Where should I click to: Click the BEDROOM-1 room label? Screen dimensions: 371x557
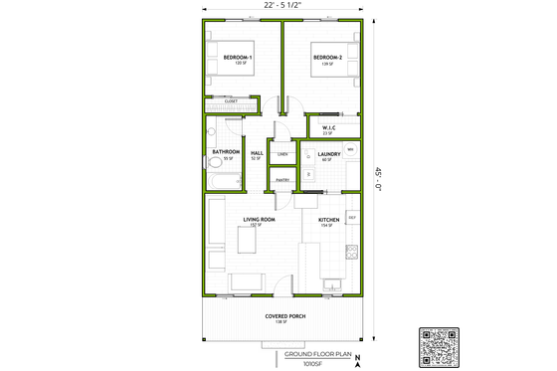tap(237, 57)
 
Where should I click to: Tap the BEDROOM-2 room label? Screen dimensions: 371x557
tap(327, 57)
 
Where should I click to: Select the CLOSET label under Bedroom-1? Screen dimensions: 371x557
tap(230, 100)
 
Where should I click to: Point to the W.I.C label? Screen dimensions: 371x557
tap(327, 126)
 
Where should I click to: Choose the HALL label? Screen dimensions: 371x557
tap(256, 152)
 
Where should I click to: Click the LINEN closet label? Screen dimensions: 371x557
tap(282, 154)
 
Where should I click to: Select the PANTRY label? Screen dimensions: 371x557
tap(282, 179)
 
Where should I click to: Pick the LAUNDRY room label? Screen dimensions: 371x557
tap(329, 153)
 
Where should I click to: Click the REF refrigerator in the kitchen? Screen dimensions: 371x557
tap(351, 216)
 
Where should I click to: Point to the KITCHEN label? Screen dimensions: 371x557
tap(329, 220)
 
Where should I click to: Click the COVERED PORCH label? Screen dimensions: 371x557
tap(284, 315)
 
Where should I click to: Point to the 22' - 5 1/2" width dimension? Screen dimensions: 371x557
tap(283, 7)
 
